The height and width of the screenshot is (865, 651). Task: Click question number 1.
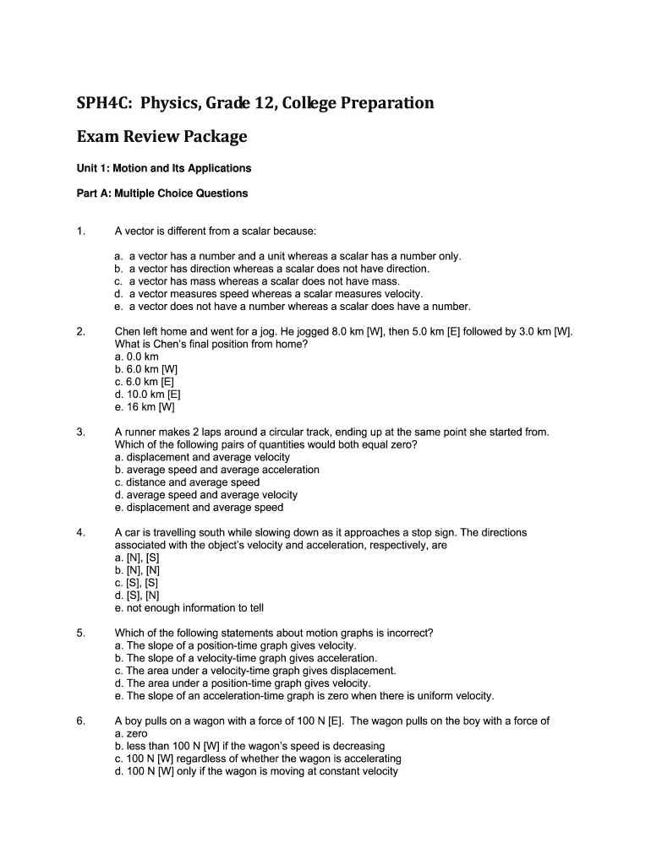pyautogui.click(x=80, y=231)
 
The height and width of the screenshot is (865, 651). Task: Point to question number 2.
pyautogui.click(x=80, y=332)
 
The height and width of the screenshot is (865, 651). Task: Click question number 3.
pyautogui.click(x=80, y=432)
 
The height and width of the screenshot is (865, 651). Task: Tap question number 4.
pyautogui.click(x=80, y=533)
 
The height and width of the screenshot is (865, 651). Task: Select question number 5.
pyautogui.click(x=80, y=633)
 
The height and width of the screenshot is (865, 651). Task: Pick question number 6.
pyautogui.click(x=80, y=721)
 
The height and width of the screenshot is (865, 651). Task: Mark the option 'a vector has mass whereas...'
pyautogui.click(x=262, y=281)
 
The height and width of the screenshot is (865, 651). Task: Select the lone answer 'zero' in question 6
pyautogui.click(x=131, y=734)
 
